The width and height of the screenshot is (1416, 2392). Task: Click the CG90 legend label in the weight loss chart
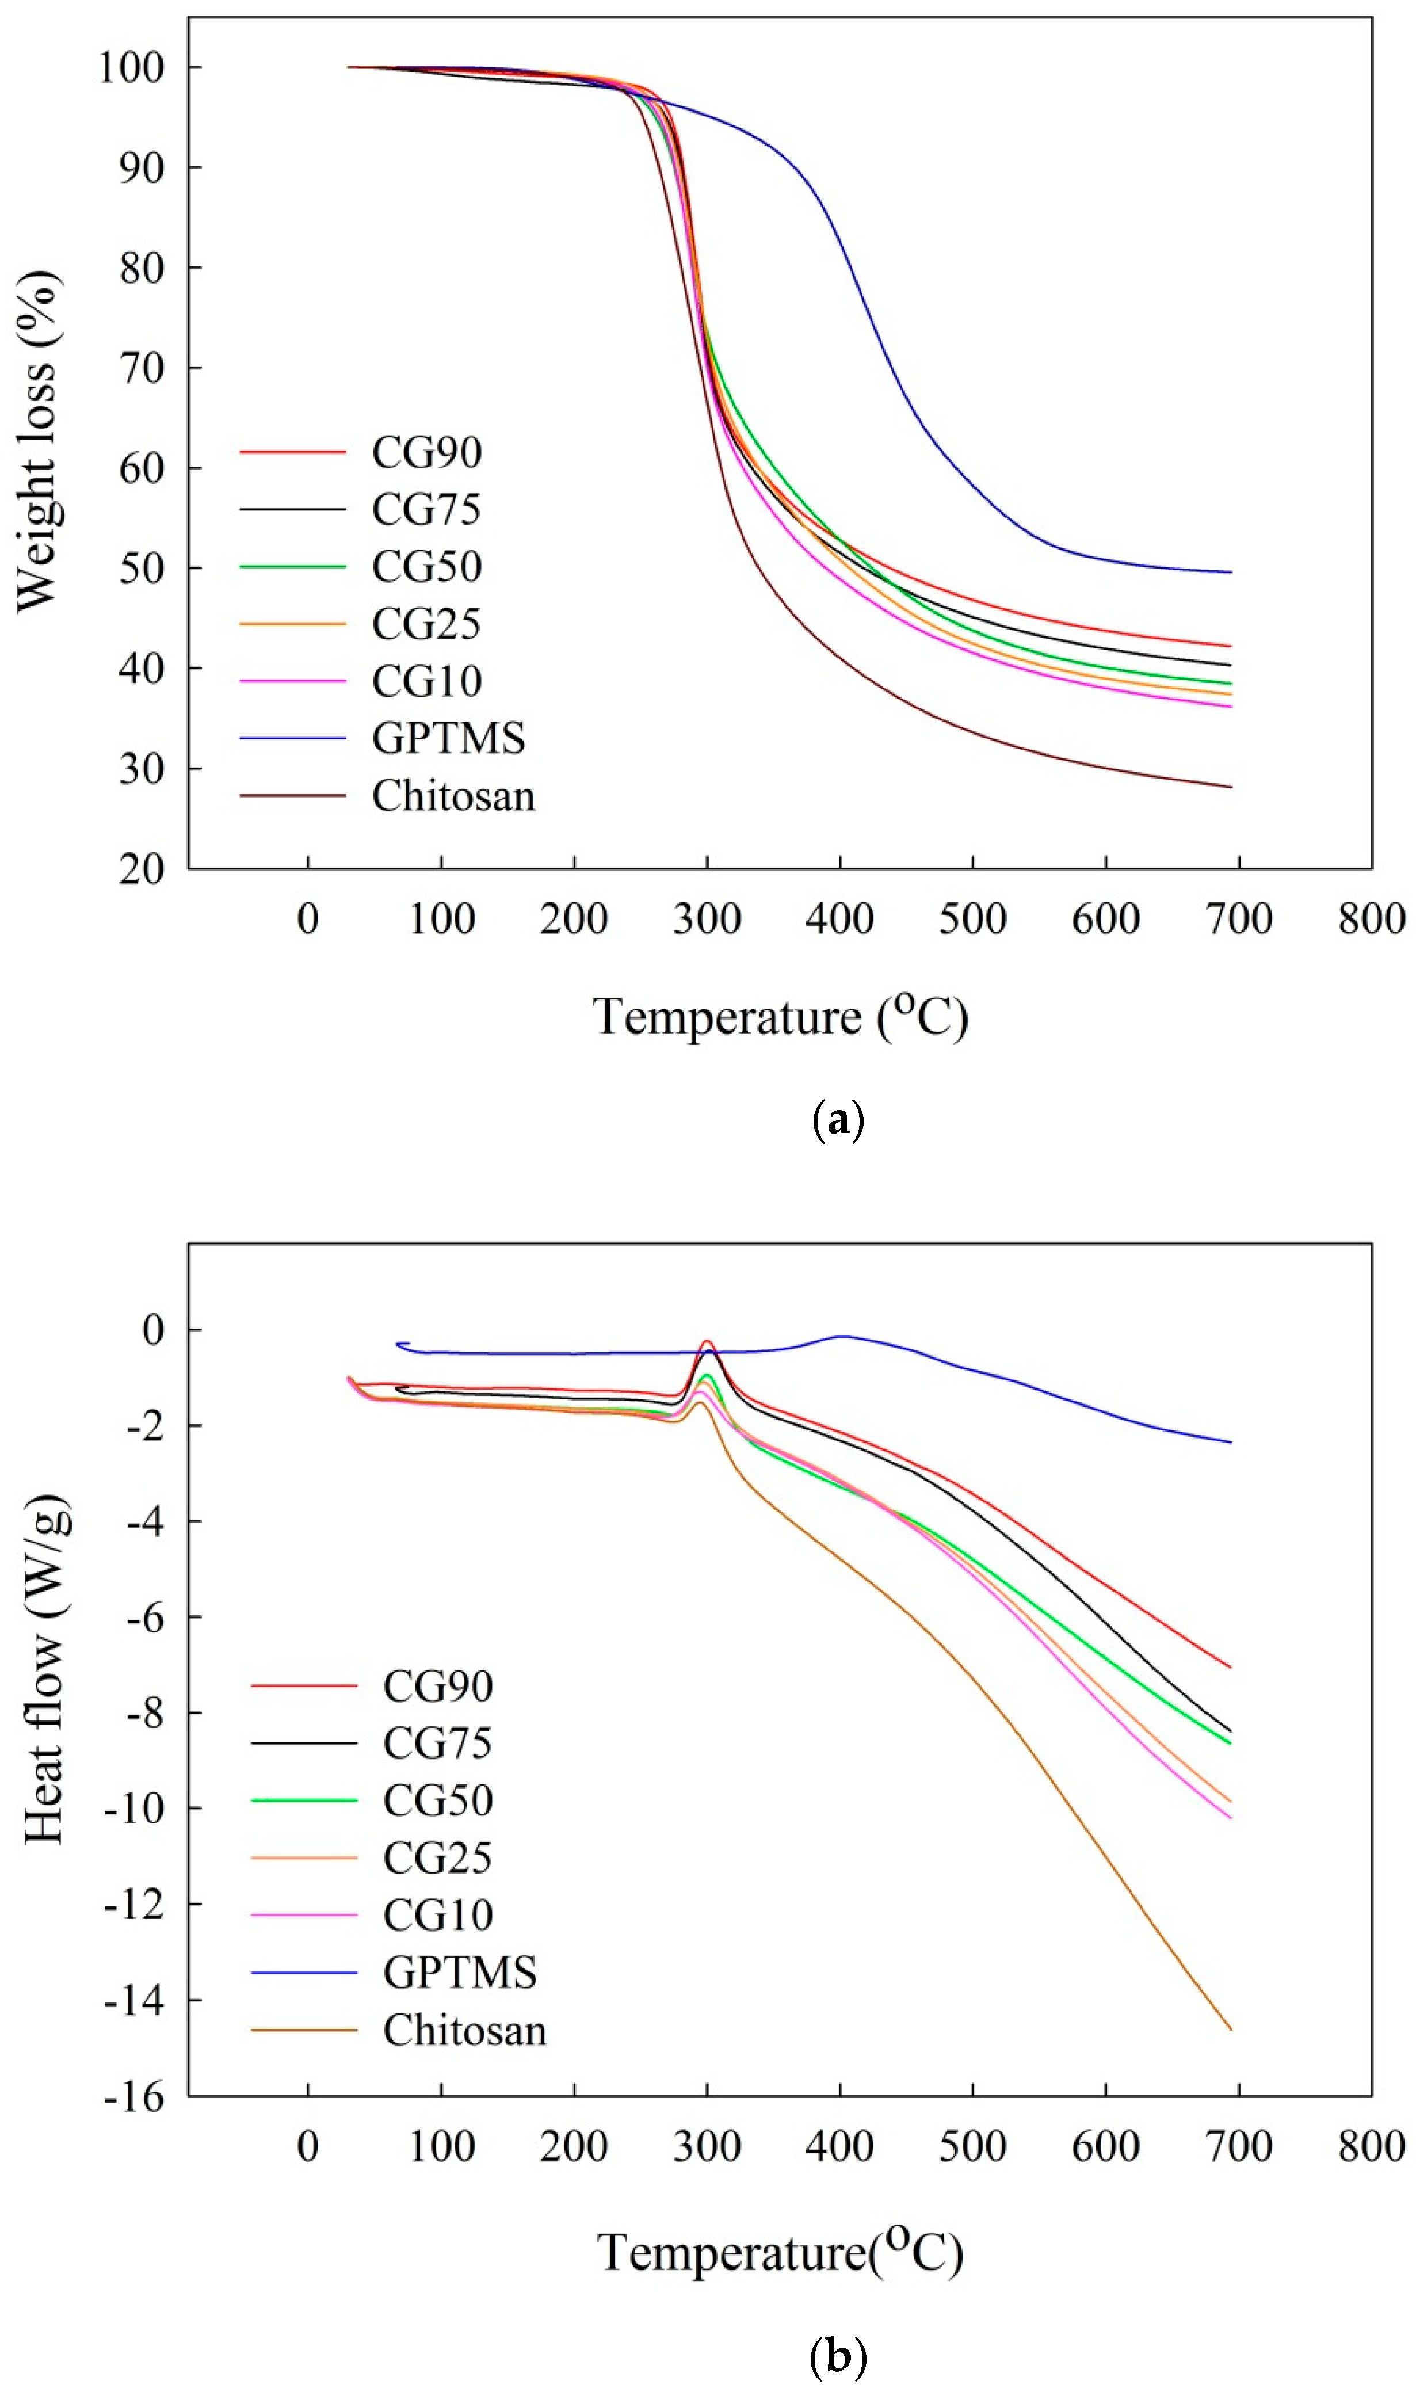pos(426,452)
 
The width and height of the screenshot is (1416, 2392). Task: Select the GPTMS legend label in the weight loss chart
pos(448,738)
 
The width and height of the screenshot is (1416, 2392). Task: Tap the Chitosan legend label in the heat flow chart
pos(465,2031)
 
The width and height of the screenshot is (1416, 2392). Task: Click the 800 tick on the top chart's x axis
pos(1371,920)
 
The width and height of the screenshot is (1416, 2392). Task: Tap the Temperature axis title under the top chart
pos(781,1017)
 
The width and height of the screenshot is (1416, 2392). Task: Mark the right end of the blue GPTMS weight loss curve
pos(1231,573)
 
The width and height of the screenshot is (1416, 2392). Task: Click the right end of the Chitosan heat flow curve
pos(1231,2029)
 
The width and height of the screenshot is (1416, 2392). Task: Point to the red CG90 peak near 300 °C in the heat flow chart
pos(707,1341)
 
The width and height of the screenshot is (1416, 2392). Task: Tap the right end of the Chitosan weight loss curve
pos(1231,787)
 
